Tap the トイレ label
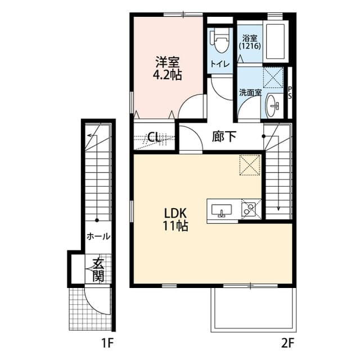click(220, 64)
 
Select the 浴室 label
click(249, 38)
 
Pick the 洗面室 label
click(250, 93)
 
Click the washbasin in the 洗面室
click(274, 105)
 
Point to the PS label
click(290, 93)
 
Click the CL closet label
click(155, 137)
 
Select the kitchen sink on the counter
click(223, 210)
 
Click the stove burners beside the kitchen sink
click(249, 209)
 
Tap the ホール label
click(98, 237)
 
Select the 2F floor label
click(289, 341)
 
